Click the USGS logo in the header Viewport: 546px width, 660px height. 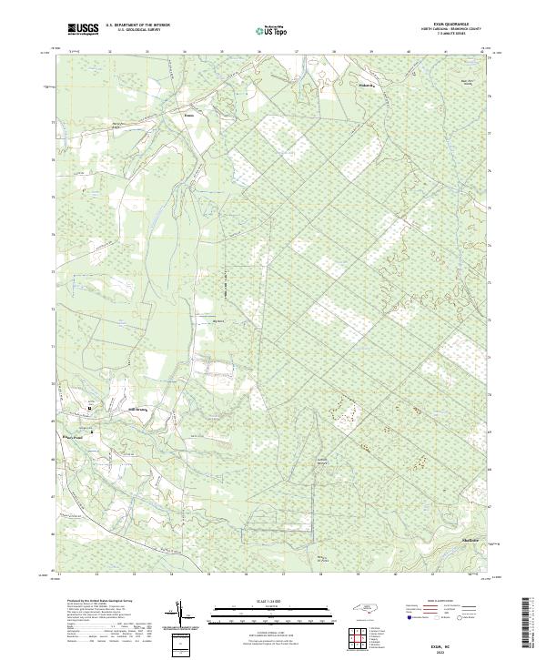(x=83, y=29)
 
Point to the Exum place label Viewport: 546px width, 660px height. (x=188, y=116)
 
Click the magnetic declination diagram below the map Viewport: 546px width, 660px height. (x=185, y=616)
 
